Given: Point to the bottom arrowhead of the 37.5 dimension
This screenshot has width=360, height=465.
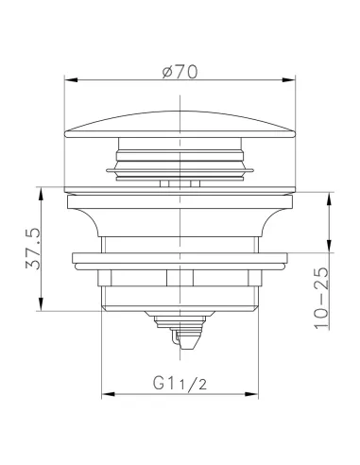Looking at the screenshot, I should click(42, 306).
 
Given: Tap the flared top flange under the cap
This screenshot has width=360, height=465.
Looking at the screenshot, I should click(180, 203).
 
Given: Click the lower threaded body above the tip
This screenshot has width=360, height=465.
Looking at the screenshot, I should click(180, 288).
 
